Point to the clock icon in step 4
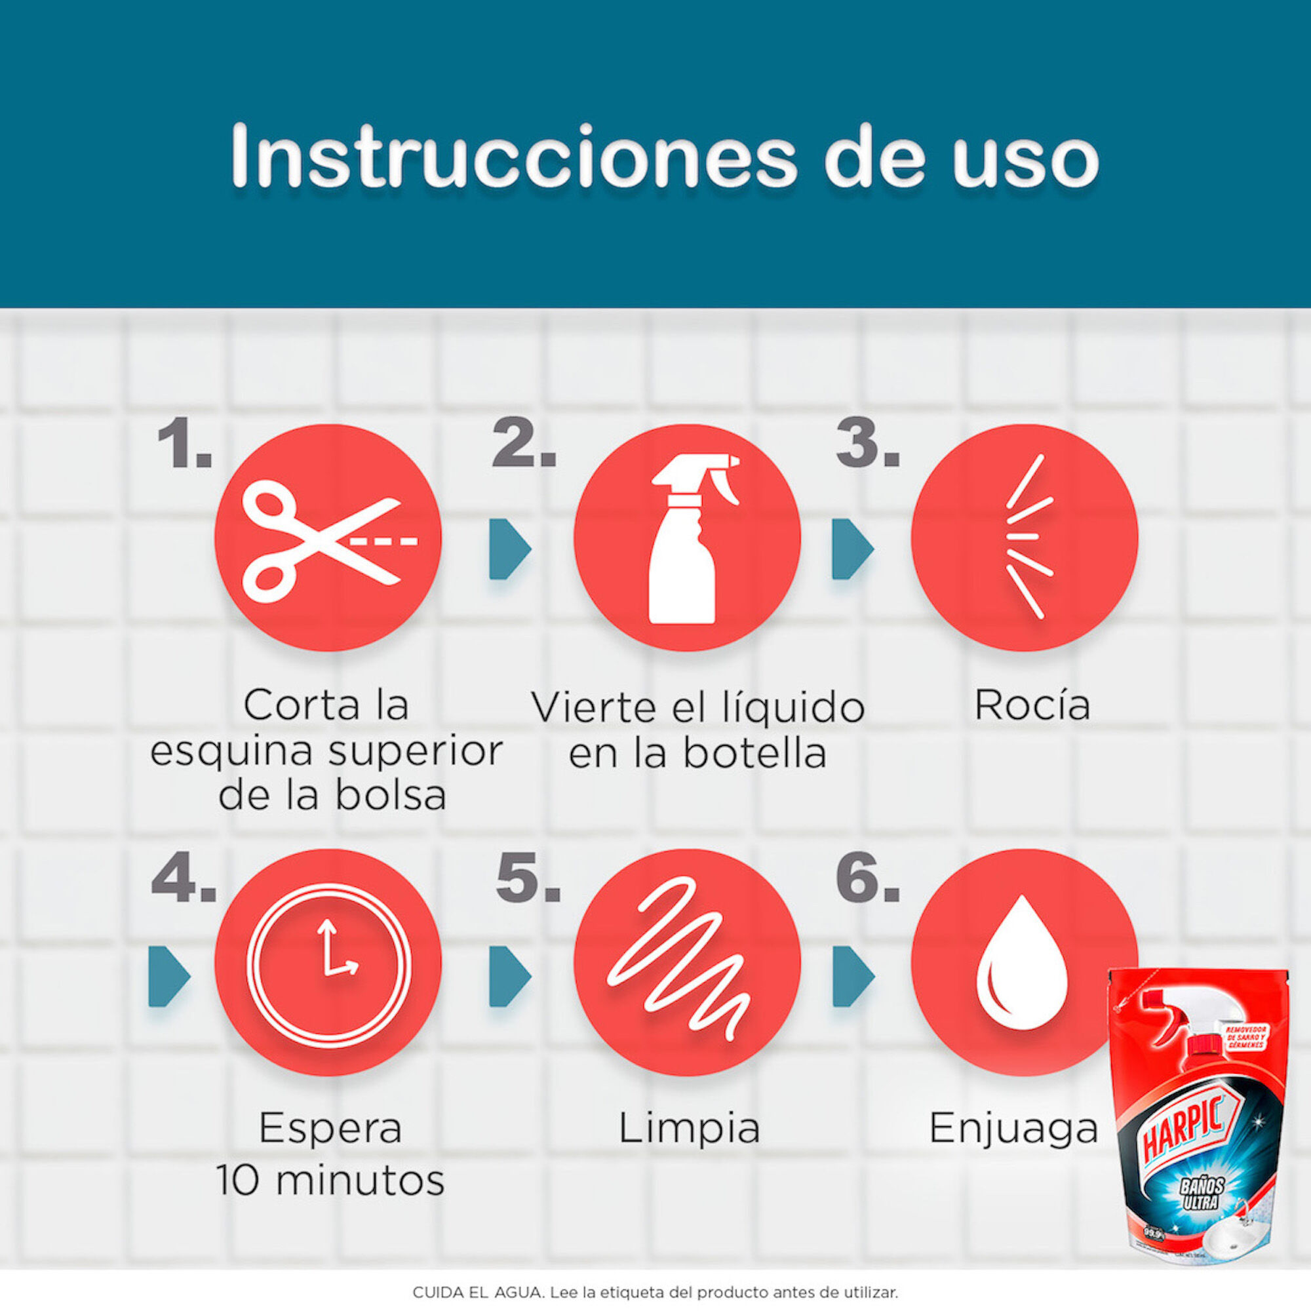pyautogui.click(x=328, y=964)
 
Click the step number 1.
pyautogui.click(x=184, y=444)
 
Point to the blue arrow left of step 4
pyautogui.click(x=168, y=976)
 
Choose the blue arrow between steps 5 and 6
pyautogui.click(x=852, y=976)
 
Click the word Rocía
pyautogui.click(x=1032, y=706)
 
